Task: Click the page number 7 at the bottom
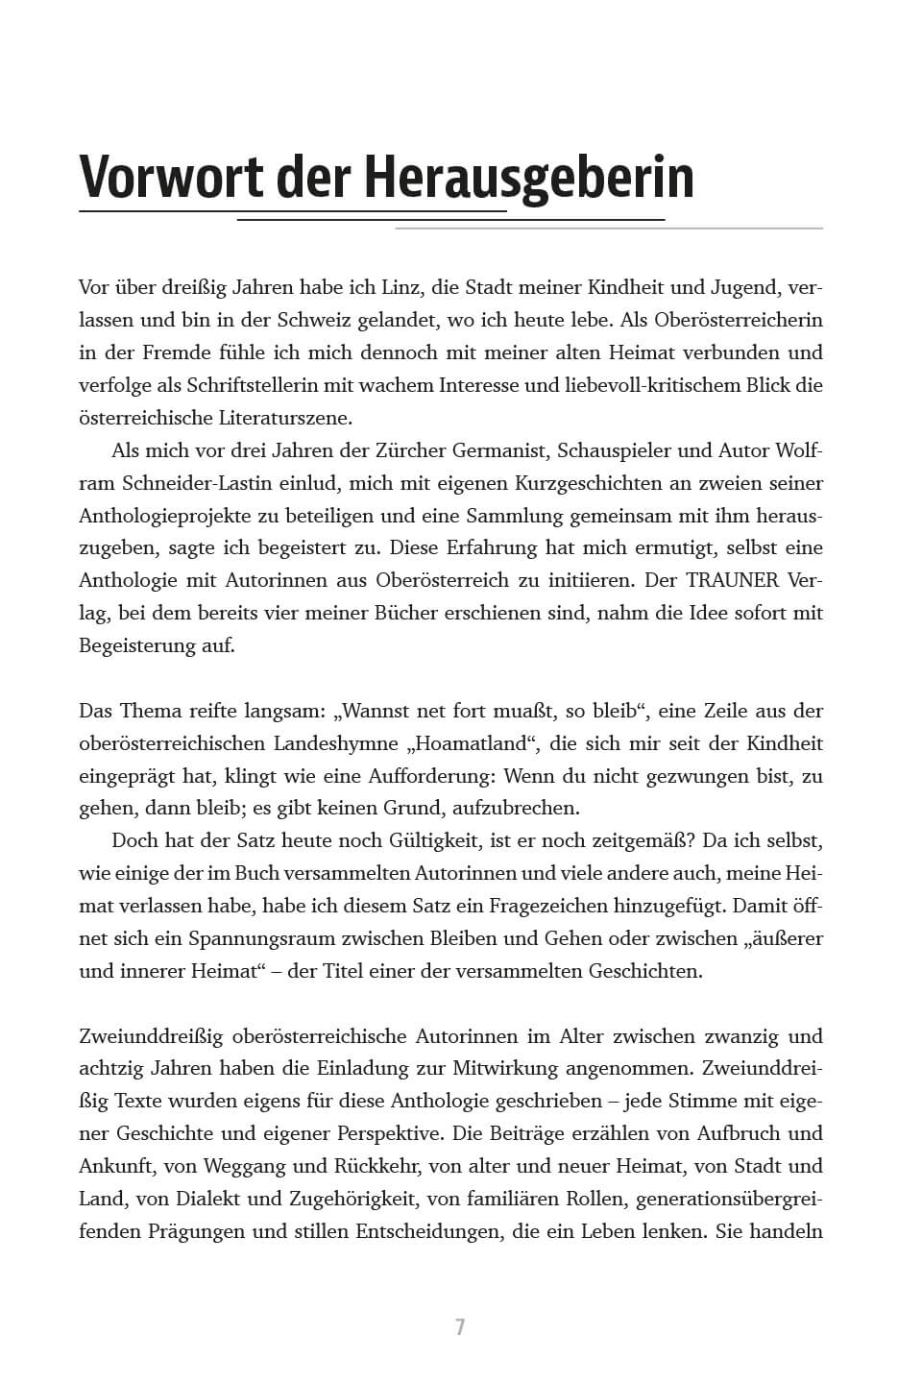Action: pos(460,1327)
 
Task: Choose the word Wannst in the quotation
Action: pos(377,711)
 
